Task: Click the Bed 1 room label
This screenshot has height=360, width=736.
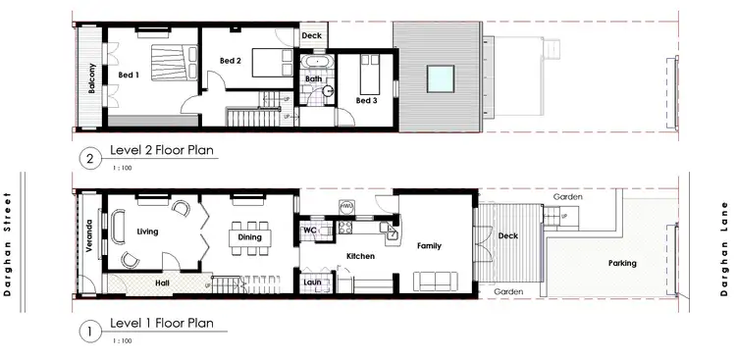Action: [x=130, y=75]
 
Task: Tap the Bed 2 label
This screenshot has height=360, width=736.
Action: [x=231, y=61]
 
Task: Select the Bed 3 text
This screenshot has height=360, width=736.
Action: [x=366, y=100]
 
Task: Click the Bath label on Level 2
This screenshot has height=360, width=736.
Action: [x=314, y=78]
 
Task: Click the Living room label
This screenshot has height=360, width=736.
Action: [x=148, y=231]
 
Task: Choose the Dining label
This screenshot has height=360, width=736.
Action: [x=249, y=236]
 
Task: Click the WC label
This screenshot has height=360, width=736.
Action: [x=310, y=231]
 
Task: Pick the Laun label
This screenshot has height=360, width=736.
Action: [x=312, y=282]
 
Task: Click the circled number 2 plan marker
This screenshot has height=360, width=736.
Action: [x=90, y=157]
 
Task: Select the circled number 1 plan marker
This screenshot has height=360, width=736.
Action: [x=90, y=331]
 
